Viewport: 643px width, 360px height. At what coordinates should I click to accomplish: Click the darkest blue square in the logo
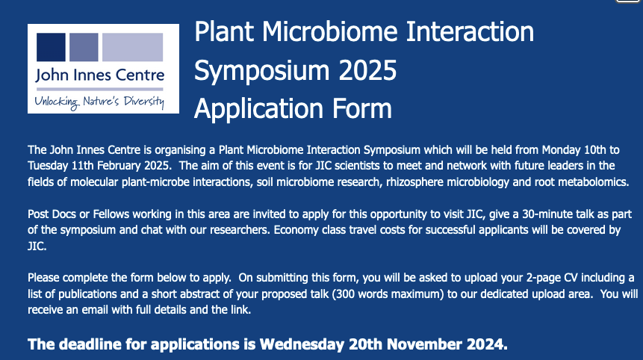point(49,47)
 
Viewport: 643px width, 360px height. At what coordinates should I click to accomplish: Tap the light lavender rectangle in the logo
point(132,47)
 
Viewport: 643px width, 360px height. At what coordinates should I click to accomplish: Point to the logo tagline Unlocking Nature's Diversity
point(99,99)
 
